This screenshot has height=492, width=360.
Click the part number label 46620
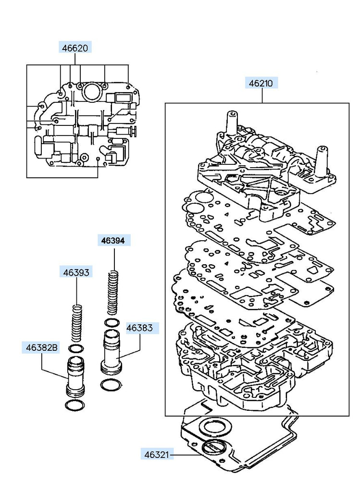[75, 48]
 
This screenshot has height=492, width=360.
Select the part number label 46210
[261, 84]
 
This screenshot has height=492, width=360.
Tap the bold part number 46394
[113, 241]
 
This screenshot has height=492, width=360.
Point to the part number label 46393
[76, 272]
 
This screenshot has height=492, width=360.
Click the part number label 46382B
[42, 348]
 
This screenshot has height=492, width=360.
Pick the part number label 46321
[157, 455]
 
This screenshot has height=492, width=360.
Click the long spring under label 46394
[113, 293]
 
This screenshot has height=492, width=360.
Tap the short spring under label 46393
[77, 323]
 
